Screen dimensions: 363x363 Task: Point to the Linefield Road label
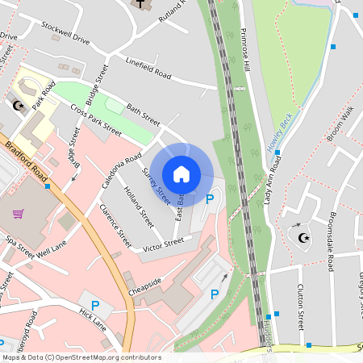[148, 68]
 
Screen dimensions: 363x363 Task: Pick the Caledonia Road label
[122, 170]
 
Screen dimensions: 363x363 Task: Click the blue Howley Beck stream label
[279, 133]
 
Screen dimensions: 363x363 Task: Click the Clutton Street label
[300, 308]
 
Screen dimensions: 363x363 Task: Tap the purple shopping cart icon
[18, 214]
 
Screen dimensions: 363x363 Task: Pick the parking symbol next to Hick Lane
[95, 306]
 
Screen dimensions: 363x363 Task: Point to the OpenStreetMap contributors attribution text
[81, 357]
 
